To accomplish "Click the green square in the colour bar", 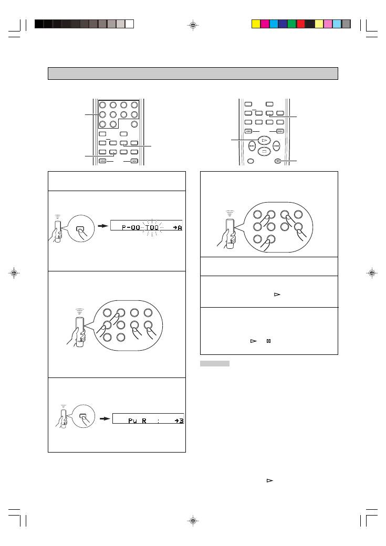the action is pos(291,24).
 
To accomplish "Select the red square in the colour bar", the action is pos(300,24).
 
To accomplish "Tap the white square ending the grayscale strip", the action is pos(130,24).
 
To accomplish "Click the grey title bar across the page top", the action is pos(193,73).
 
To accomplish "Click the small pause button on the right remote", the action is pos(278,162).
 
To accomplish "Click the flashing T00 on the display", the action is pos(151,226).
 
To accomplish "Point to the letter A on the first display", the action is pos(179,226).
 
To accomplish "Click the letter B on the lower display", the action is pos(180,421).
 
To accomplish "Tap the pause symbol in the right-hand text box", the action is pos(268,341).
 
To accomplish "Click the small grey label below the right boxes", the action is pos(214,364).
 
